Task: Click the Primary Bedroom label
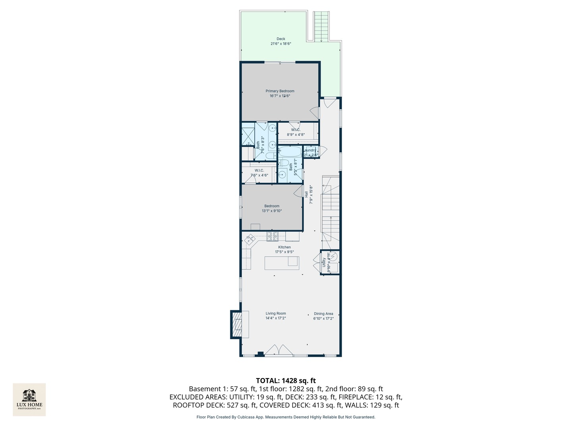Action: coord(280,91)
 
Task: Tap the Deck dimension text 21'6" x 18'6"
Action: coord(281,44)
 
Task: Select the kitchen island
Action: coord(282,263)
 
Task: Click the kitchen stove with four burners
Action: coord(272,237)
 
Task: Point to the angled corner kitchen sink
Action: coord(250,239)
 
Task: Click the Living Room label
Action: coord(276,313)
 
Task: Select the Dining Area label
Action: coord(323,313)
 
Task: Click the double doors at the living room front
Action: coord(279,350)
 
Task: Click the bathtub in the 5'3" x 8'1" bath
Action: coord(290,151)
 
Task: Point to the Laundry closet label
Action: coord(310,150)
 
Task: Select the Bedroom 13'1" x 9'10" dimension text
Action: coord(272,211)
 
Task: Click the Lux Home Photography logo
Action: coord(29,399)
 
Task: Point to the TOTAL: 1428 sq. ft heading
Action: coord(286,381)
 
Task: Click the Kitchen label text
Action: coord(284,247)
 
